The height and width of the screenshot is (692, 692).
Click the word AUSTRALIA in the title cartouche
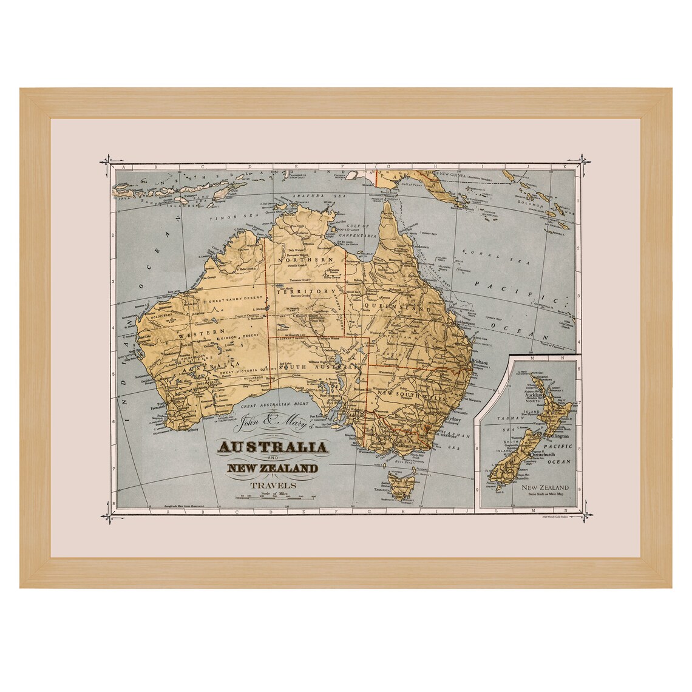tap(273, 448)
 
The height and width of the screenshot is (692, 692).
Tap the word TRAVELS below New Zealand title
tap(276, 485)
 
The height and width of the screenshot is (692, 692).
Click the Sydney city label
tap(470, 419)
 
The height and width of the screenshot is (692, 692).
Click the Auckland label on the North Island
tap(543, 396)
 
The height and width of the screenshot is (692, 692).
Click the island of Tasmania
tap(401, 488)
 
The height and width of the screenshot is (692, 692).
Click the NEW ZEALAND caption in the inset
tap(546, 487)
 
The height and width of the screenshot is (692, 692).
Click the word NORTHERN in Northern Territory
tap(307, 260)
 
